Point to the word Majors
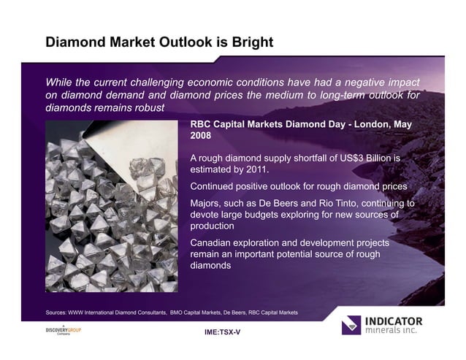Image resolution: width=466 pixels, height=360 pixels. tap(207, 203)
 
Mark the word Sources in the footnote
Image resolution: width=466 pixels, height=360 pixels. tap(58, 313)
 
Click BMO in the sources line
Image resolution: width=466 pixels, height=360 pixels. tap(177, 313)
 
